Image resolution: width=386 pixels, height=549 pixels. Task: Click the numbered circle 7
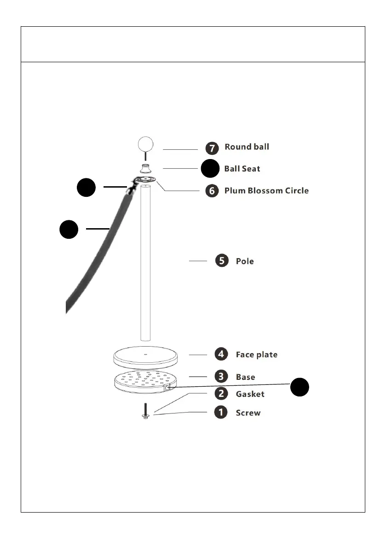tap(212, 148)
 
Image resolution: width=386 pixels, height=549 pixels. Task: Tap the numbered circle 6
tap(212, 191)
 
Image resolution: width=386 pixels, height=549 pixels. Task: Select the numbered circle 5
tap(222, 261)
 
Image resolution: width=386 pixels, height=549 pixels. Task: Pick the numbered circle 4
tap(221, 354)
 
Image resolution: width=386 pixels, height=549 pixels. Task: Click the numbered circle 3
tap(221, 377)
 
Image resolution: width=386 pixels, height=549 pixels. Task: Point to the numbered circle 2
tap(221, 394)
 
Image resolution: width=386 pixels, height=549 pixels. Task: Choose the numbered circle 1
tap(221, 412)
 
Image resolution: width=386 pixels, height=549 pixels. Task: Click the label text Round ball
tap(247, 147)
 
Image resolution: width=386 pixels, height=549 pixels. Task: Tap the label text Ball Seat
tap(242, 169)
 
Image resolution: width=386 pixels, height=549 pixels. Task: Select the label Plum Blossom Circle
tap(266, 190)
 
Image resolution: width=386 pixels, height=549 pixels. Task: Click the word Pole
tap(245, 261)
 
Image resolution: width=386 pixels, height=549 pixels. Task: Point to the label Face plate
tap(257, 354)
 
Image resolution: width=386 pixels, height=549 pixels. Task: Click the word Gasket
tap(250, 394)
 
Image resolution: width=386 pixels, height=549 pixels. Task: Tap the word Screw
tap(248, 413)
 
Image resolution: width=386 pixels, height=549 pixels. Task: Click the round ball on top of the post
tap(145, 144)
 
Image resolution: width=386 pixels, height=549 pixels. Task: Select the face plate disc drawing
tap(145, 356)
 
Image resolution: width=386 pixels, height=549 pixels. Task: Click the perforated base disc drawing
tap(144, 381)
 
